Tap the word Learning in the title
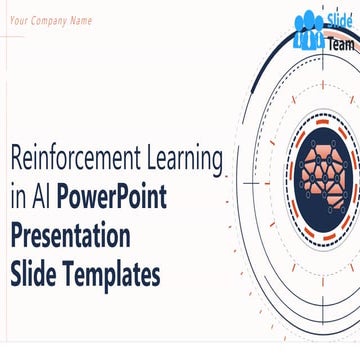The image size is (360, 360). tap(184, 157)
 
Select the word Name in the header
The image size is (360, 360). tap(81, 20)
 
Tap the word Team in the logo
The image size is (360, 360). tap(339, 43)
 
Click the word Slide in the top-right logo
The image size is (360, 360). tap(339, 22)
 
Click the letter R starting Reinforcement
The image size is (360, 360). tap(14, 157)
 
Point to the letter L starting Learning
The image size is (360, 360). tap(150, 157)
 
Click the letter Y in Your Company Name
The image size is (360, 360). tap(13, 20)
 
